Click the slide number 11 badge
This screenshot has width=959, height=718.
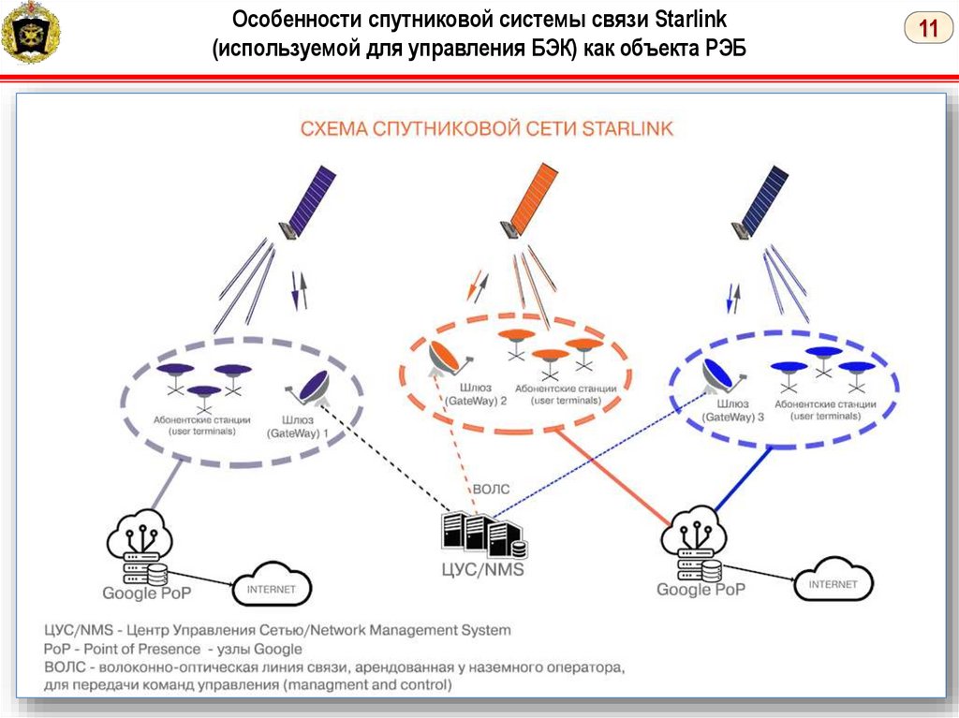tap(928, 29)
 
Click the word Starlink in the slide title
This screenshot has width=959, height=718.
tap(697, 20)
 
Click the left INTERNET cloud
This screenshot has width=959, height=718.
tap(271, 589)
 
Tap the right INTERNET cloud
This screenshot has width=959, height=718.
tap(833, 582)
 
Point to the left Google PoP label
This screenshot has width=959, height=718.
tap(147, 593)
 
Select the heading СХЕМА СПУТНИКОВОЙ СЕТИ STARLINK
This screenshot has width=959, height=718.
tap(486, 129)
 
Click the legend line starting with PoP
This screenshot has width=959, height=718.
tap(172, 649)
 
